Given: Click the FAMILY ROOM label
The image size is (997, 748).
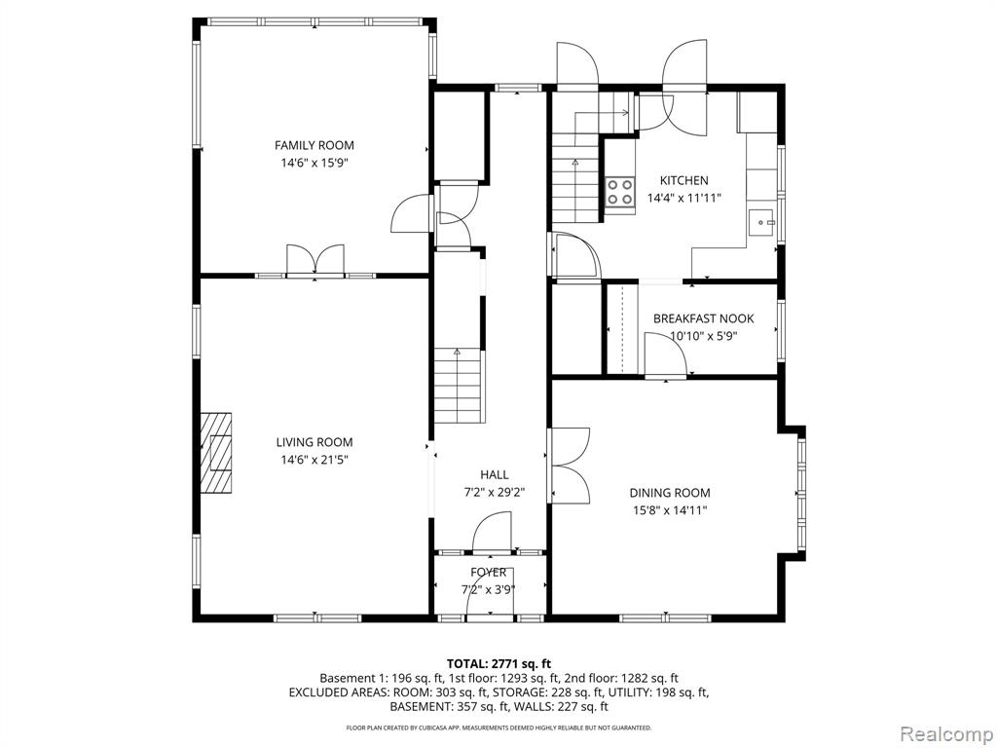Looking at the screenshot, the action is tap(314, 146).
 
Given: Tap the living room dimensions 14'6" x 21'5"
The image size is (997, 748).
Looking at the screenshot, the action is tap(314, 460).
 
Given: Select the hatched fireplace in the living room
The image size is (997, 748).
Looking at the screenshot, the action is tap(216, 452).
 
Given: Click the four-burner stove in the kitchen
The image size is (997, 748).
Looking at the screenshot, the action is tap(620, 192).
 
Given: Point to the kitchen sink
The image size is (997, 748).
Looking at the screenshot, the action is tap(761, 223).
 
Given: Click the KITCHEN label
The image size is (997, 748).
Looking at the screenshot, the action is tap(683, 180).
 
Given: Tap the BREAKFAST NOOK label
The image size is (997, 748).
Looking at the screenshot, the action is tap(703, 318).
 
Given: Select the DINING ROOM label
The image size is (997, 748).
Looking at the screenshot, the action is tap(670, 492).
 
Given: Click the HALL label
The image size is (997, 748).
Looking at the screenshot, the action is tap(494, 474).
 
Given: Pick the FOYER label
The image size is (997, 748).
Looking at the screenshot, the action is tap(489, 573).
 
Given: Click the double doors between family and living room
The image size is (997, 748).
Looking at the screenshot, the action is tap(315, 260).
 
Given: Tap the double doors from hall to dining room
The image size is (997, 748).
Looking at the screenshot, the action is tap(570, 466).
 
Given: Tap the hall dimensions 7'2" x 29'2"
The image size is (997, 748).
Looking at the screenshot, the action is tap(494, 492).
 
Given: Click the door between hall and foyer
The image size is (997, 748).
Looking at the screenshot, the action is tap(492, 535).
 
